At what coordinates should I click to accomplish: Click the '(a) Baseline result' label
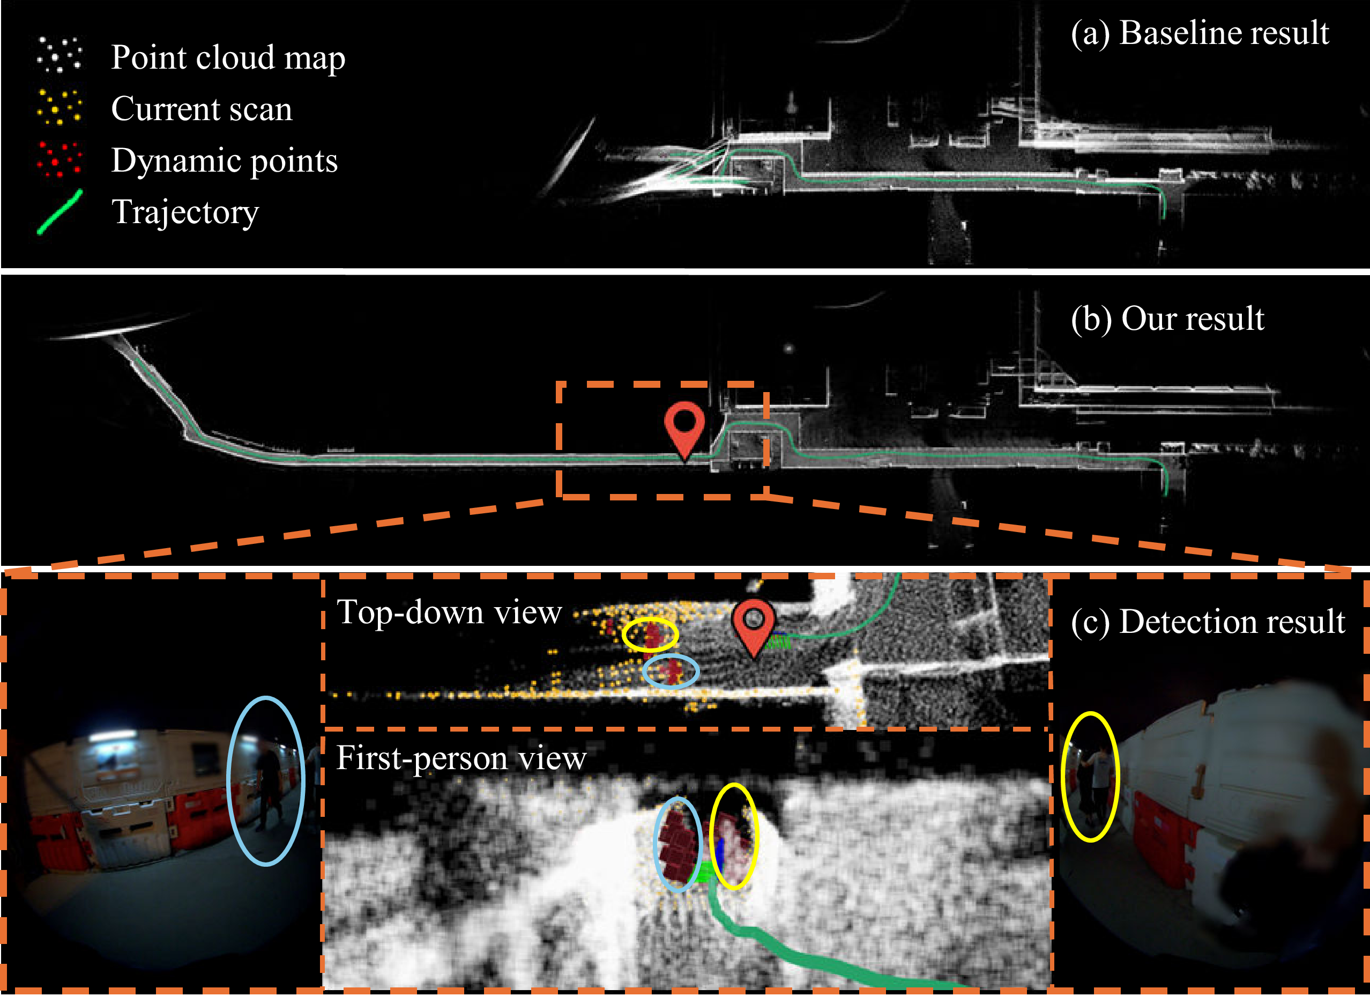(x=1200, y=33)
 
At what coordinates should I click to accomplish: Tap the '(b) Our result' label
(x=1167, y=319)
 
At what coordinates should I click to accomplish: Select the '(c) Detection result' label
(x=1208, y=622)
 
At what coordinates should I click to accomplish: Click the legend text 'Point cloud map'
(x=228, y=57)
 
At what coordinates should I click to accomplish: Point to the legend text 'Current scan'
(x=201, y=109)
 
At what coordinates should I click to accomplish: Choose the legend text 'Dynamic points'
(x=224, y=161)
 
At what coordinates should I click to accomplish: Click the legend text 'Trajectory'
(x=185, y=212)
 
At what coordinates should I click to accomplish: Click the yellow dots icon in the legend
(x=59, y=107)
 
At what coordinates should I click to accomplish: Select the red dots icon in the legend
(x=59, y=159)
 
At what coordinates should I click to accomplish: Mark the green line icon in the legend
(x=59, y=211)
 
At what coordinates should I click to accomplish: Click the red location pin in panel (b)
(x=684, y=425)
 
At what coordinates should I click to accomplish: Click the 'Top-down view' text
(x=449, y=612)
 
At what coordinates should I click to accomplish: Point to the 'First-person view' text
(x=461, y=758)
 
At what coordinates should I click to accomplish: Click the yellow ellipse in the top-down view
(x=650, y=635)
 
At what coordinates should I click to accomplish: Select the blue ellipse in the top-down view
(x=671, y=671)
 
